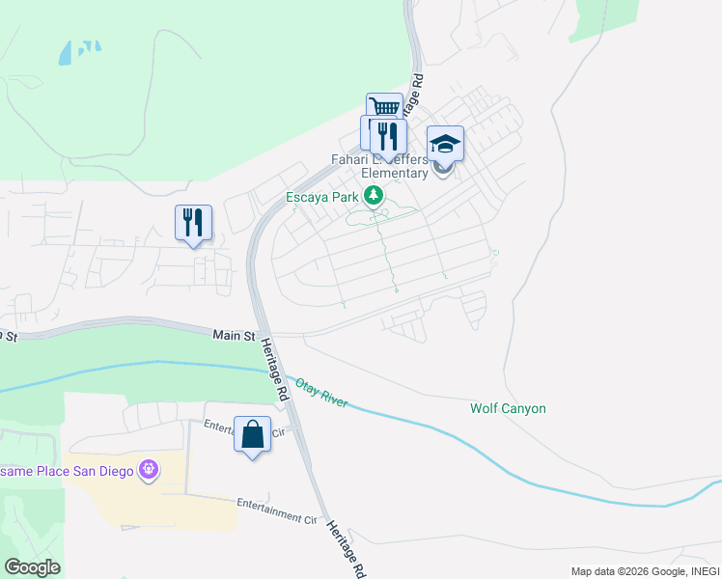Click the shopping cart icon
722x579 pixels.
click(384, 107)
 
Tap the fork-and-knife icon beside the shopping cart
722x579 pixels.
click(388, 135)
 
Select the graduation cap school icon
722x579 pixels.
click(445, 144)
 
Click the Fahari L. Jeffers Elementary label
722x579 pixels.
click(394, 165)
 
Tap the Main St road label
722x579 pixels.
click(234, 336)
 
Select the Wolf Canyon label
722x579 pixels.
click(508, 408)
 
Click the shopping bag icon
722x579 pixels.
click(252, 434)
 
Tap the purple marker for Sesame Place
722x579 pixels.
click(148, 470)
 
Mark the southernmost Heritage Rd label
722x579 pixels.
click(347, 549)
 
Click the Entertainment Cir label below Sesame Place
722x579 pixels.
click(277, 510)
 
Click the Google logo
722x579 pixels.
click(32, 567)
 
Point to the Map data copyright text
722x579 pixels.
click(642, 571)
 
